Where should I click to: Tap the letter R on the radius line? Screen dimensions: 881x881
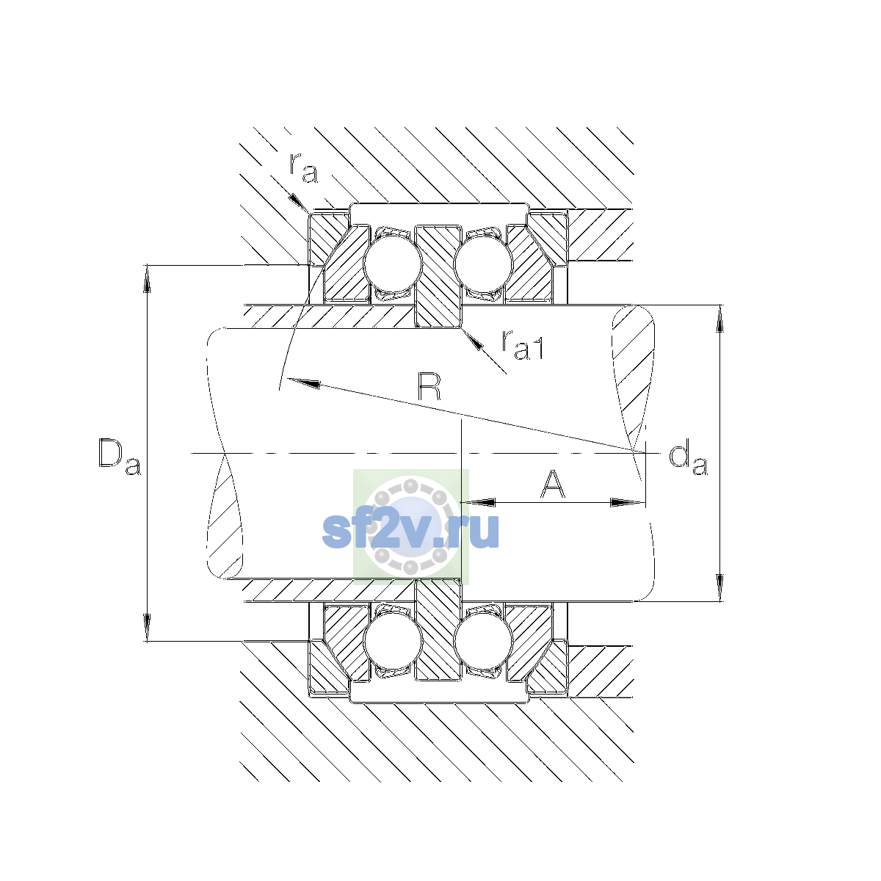tap(429, 387)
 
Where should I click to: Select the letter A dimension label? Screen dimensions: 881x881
tap(553, 484)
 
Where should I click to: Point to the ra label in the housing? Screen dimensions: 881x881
tap(303, 169)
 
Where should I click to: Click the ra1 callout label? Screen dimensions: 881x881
tap(523, 345)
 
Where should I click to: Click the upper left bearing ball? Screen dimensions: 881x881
tap(392, 264)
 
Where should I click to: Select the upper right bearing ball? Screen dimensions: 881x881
tap(483, 264)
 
